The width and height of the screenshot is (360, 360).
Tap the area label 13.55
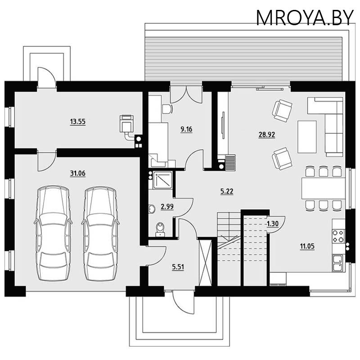(78, 121)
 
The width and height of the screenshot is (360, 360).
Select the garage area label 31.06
(78, 173)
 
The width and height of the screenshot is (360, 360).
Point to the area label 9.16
(186, 130)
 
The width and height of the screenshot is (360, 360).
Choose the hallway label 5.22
(227, 191)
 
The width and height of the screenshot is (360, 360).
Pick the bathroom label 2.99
(167, 207)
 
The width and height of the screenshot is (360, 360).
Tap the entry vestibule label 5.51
(178, 267)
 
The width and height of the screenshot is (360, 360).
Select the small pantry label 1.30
(271, 224)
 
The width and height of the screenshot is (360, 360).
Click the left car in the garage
(53, 233)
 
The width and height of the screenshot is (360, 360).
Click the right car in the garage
(99, 233)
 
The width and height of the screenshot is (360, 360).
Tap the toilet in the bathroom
(159, 229)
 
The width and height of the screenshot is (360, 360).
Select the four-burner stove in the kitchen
(338, 236)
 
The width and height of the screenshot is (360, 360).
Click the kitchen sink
(337, 263)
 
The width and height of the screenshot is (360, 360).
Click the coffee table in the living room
(306, 136)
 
